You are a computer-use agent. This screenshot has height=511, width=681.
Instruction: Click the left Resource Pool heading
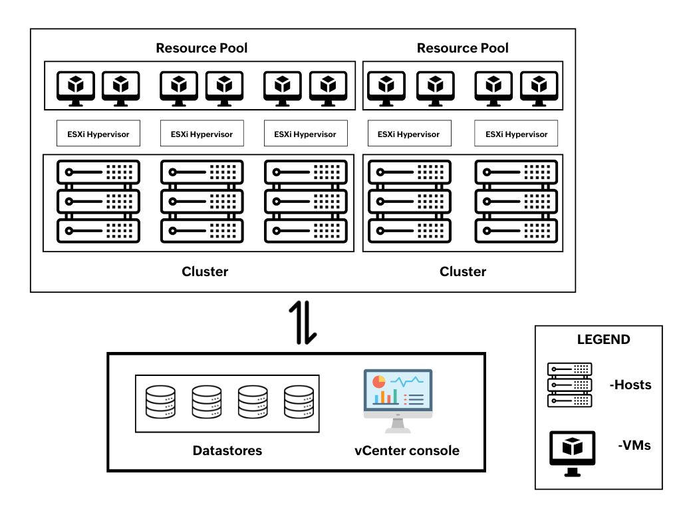coord(202,48)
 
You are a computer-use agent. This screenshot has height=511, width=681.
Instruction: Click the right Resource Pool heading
coord(462,48)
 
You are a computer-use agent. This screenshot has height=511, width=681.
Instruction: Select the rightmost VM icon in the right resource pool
coord(539,86)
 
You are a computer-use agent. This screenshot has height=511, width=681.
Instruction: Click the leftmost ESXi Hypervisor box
coord(98,134)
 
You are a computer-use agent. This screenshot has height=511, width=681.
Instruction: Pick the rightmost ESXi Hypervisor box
coord(515,134)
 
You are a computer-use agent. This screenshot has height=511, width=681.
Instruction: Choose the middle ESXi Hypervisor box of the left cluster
coord(202,134)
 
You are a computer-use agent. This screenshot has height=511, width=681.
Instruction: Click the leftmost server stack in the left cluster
coord(98,202)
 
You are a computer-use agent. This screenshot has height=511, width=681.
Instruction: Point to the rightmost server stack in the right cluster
coord(515,202)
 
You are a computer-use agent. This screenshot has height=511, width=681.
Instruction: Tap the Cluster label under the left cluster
coord(205,271)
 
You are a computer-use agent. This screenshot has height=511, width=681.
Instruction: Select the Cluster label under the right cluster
coord(463,271)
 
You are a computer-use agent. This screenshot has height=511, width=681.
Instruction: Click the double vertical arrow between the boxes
coord(303,323)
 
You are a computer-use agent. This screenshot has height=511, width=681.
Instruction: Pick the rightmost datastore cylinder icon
coord(299,403)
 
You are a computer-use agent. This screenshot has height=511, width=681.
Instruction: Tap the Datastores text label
coord(227,450)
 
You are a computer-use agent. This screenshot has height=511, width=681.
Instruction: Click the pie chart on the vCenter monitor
coord(378,382)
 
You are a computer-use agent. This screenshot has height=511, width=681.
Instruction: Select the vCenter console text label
coord(407,450)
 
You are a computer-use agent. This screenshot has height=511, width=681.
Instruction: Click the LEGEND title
coord(603,339)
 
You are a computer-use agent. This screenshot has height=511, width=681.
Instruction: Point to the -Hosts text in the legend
coord(630,385)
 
